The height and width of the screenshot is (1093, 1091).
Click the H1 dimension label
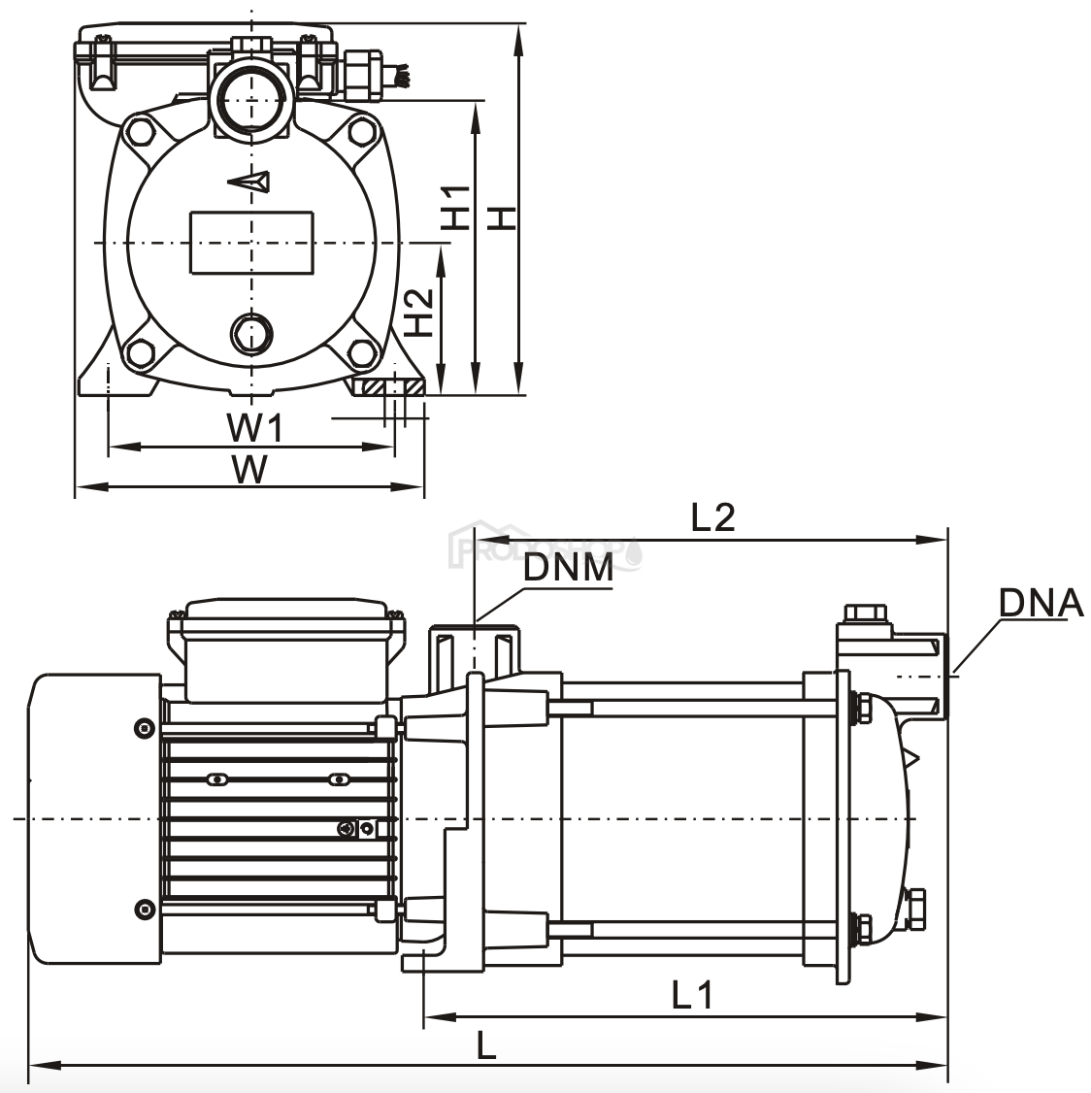coord(456,207)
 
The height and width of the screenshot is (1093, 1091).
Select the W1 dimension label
coord(254,426)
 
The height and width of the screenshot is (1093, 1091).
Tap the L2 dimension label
coord(713,517)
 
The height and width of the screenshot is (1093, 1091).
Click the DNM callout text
coord(568,568)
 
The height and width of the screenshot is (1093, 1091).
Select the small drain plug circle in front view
coord(252,334)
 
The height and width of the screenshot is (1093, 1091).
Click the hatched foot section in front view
coord(393,387)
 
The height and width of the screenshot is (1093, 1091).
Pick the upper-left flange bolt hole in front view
coord(140,131)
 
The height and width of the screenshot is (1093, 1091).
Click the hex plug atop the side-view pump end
coord(863,613)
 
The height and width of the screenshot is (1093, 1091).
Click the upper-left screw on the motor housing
coord(144,727)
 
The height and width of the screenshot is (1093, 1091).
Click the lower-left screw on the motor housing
coord(144,909)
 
